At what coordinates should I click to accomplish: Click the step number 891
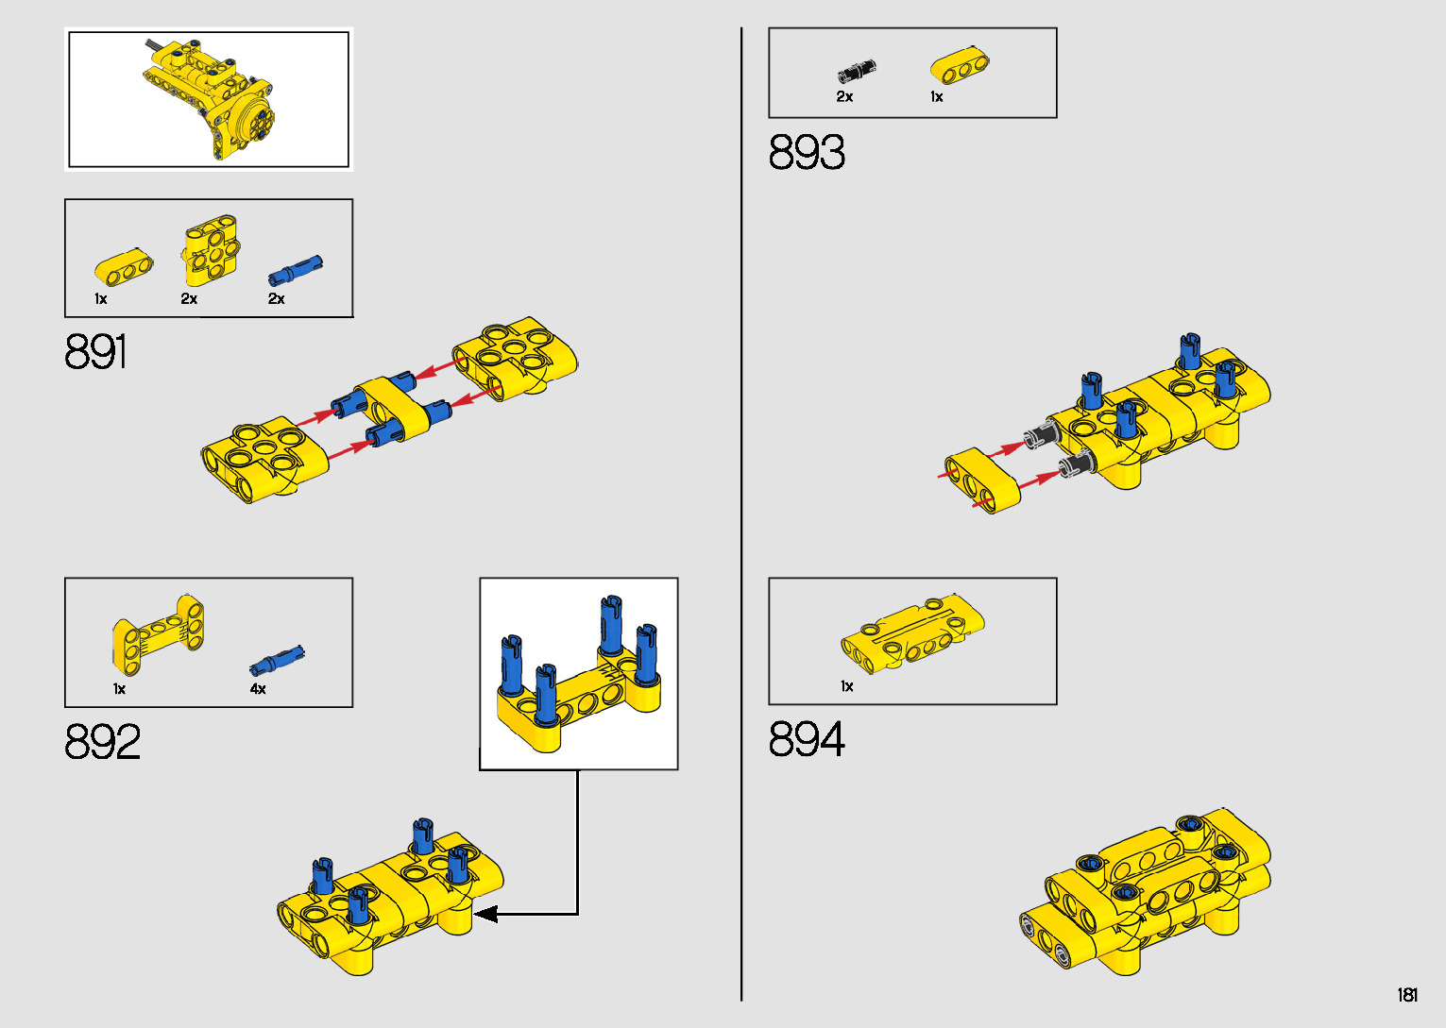click(95, 352)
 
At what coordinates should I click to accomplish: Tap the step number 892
click(102, 742)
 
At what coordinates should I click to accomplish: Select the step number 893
click(807, 153)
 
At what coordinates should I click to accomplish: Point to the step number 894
click(807, 739)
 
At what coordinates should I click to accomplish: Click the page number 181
click(1406, 995)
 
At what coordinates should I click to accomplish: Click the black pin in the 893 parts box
click(856, 72)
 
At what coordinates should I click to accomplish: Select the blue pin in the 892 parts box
click(278, 657)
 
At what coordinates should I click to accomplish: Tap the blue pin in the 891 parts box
click(295, 270)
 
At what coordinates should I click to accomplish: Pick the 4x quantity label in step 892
click(258, 689)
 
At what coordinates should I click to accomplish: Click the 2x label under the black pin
click(844, 96)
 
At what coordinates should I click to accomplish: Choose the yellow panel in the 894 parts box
click(911, 632)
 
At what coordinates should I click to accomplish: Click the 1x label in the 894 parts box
click(847, 686)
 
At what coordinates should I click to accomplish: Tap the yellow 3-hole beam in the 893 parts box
click(959, 65)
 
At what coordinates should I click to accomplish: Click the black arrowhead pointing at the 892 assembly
click(485, 914)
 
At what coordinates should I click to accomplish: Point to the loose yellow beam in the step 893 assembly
click(982, 480)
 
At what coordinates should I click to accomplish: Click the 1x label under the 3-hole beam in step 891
click(101, 299)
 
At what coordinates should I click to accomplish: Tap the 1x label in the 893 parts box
click(937, 96)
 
